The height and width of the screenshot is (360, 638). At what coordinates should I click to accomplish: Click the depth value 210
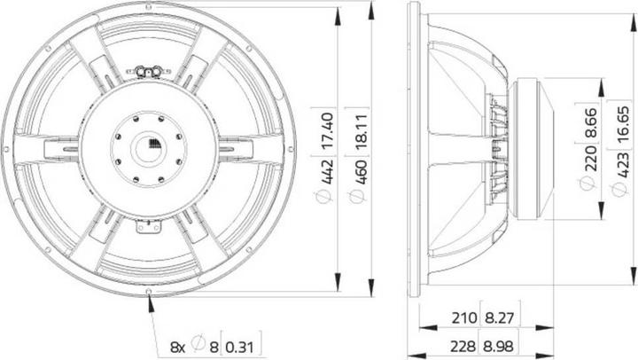[x=462, y=317]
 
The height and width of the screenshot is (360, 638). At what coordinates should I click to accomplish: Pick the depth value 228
[x=462, y=343]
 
